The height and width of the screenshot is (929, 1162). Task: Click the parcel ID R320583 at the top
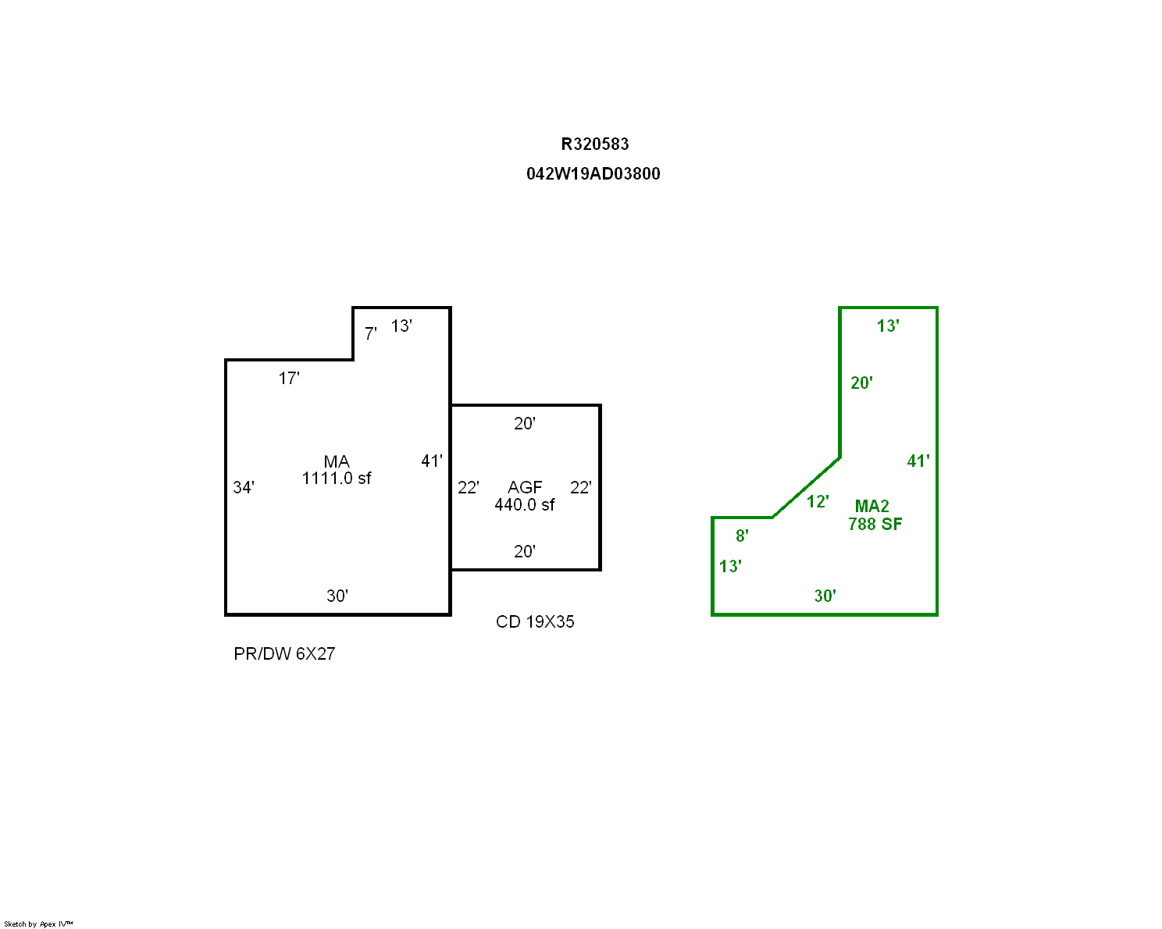coord(594,144)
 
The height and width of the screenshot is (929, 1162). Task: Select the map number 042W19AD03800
coord(593,174)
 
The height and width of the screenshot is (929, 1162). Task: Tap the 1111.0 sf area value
coord(337,479)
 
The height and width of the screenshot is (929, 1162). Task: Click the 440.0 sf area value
coord(524,505)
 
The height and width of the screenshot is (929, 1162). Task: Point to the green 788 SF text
coord(875,524)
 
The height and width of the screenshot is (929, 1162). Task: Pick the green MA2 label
coord(871,507)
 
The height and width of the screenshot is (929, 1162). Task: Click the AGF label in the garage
coord(524,487)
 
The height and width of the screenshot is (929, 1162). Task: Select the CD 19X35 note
coord(535,622)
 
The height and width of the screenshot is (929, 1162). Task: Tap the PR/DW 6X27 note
coord(284,653)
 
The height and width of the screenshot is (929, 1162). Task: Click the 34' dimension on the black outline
coord(244,487)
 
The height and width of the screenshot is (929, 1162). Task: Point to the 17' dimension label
coord(289,379)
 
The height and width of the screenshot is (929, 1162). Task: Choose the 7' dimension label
coord(370,334)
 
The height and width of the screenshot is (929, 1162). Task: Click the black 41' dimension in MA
coord(432,461)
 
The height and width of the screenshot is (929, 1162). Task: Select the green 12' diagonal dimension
coord(818,502)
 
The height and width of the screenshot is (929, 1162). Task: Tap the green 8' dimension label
coord(742,536)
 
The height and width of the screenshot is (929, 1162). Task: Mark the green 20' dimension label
coord(862,383)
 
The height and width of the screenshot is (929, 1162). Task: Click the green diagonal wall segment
coord(806,487)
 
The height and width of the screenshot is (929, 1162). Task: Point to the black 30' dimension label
coord(337,596)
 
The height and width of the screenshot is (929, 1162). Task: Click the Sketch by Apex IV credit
coord(38,924)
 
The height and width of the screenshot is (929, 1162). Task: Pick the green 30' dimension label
coord(825,596)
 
